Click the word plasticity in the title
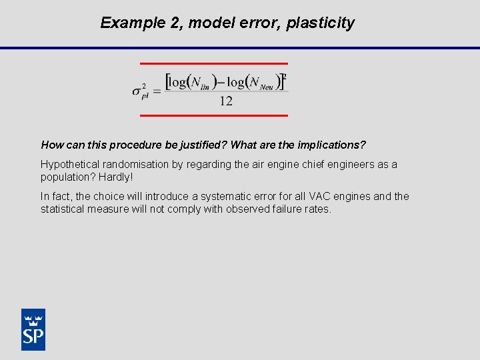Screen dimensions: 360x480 [x=321, y=23]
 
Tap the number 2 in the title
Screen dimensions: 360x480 [x=176, y=23]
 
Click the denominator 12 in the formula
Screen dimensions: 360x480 [x=226, y=101]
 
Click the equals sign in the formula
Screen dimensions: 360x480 [x=157, y=91]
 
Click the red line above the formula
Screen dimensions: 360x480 [x=213, y=63]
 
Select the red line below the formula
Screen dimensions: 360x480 [x=213, y=115]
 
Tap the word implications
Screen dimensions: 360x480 [x=331, y=145]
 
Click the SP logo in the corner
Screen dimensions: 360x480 [x=33, y=329]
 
